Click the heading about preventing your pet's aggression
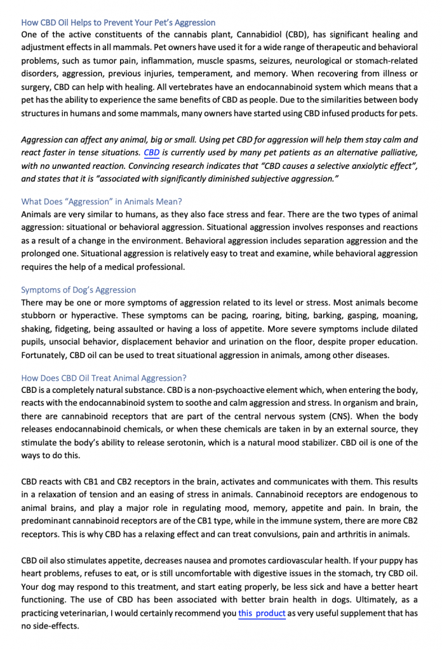pyautogui.click(x=118, y=23)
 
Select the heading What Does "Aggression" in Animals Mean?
pyautogui.click(x=102, y=202)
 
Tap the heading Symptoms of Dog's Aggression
pyautogui.click(x=79, y=290)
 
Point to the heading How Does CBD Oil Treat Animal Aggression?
pyautogui.click(x=104, y=378)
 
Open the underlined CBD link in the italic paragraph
pyautogui.click(x=152, y=153)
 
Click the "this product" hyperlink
pyautogui.click(x=262, y=613)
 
